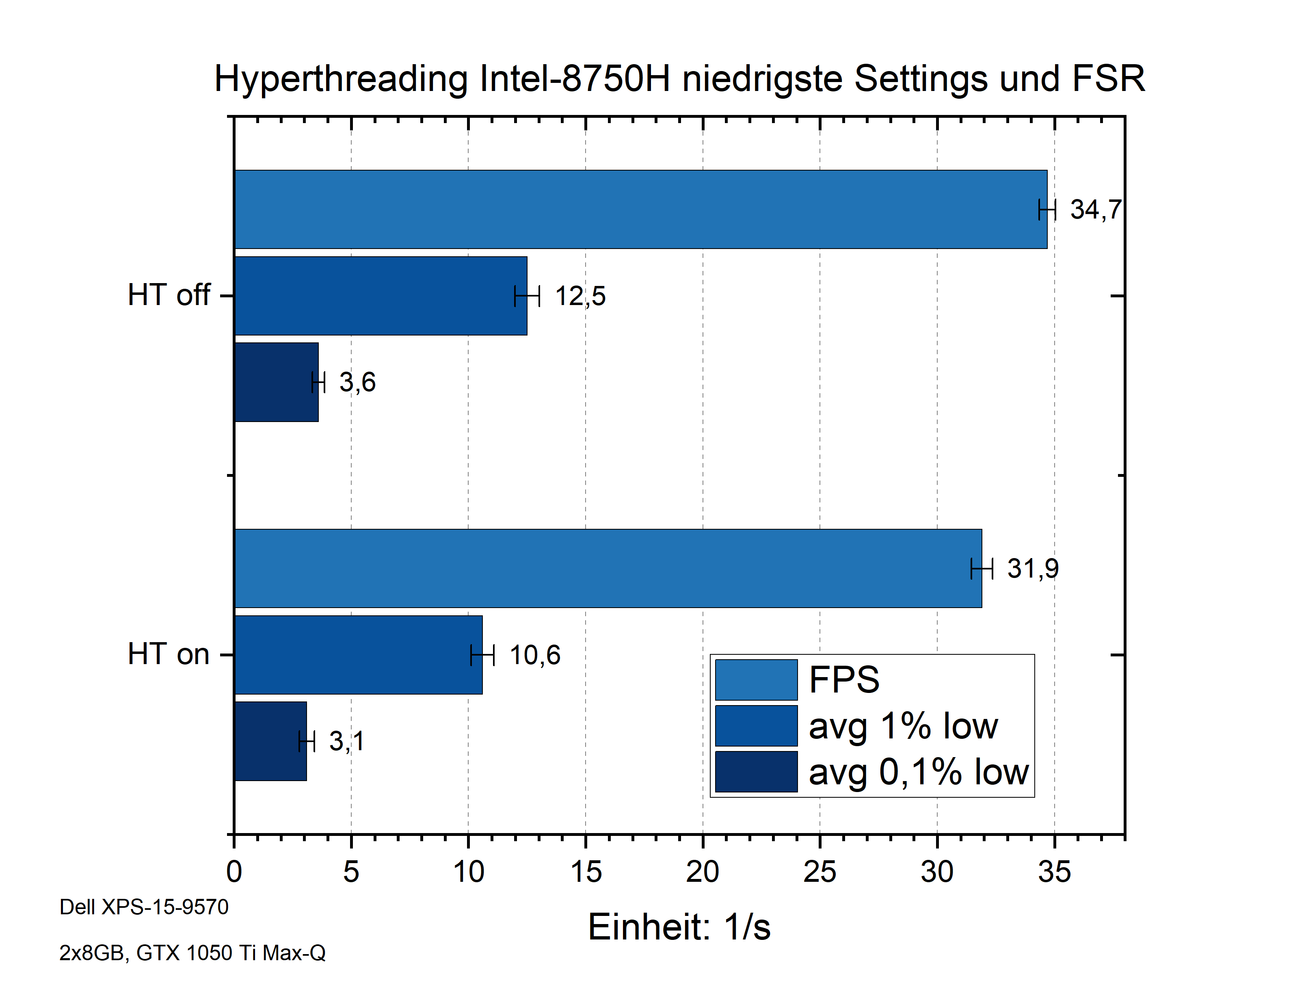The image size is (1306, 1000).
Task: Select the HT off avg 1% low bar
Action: click(381, 295)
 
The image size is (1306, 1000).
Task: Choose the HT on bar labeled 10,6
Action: click(358, 654)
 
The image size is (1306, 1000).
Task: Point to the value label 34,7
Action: click(1095, 210)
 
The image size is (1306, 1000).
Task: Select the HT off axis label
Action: click(169, 294)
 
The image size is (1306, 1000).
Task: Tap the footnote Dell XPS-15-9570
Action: click(144, 907)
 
